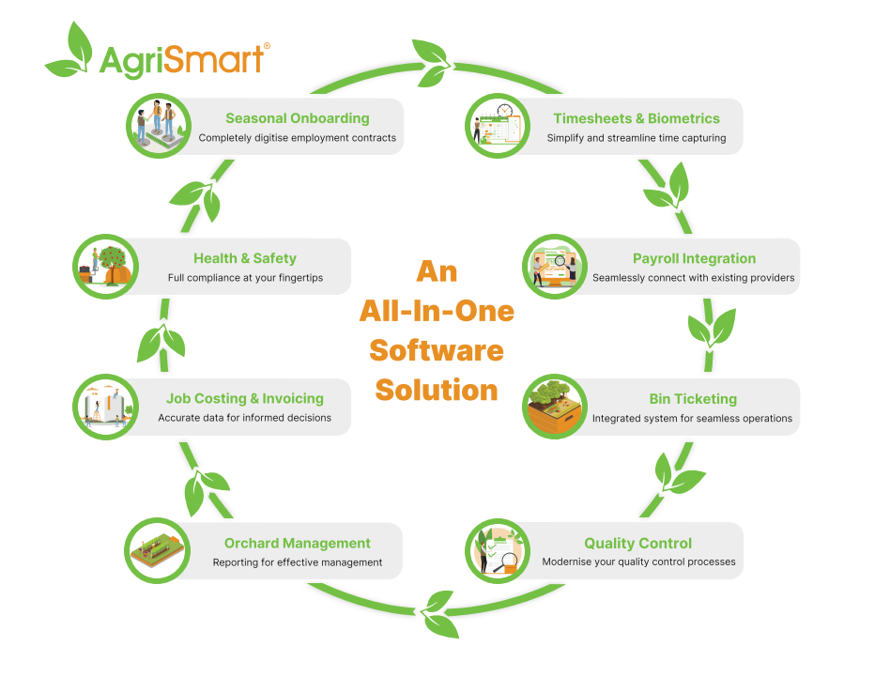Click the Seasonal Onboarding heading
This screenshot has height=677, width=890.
(298, 118)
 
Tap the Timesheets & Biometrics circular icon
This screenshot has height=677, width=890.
(498, 126)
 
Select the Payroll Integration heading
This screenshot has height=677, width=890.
(694, 259)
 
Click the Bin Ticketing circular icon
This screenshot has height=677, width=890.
(555, 406)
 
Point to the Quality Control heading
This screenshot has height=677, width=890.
(638, 543)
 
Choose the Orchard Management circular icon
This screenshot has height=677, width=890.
(157, 550)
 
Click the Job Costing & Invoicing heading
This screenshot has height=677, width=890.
(245, 398)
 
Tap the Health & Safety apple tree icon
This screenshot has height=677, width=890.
(105, 266)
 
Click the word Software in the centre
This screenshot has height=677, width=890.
(437, 350)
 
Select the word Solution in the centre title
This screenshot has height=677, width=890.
(437, 391)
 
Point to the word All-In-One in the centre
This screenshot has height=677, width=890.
(437, 311)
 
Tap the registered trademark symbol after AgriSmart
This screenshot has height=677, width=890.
(267, 46)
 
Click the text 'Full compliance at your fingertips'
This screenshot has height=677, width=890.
(245, 278)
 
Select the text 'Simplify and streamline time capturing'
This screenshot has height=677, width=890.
(637, 138)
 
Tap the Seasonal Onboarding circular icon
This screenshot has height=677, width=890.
(159, 126)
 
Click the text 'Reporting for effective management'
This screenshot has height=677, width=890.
(298, 562)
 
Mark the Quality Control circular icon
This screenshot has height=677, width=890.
(498, 550)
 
